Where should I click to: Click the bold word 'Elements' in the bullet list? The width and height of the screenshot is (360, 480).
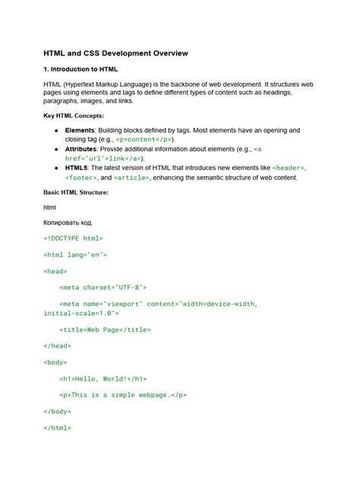[x=81, y=131]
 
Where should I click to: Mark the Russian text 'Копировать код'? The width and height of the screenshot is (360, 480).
[x=72, y=223]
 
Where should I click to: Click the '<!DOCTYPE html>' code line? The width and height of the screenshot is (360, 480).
[x=73, y=238]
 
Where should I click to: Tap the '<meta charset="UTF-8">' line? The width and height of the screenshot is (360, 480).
[x=103, y=289]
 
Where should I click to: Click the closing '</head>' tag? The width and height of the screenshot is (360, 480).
[x=58, y=346]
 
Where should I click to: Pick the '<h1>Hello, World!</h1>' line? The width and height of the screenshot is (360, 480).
[x=103, y=378]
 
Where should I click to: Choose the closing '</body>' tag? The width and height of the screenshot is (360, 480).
[x=58, y=411]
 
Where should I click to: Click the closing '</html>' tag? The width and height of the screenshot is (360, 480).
[x=58, y=428]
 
